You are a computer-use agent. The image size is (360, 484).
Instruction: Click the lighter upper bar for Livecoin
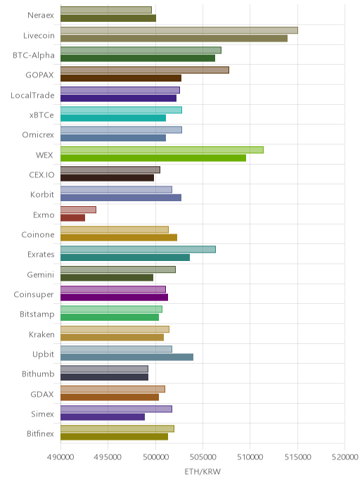coord(179,30)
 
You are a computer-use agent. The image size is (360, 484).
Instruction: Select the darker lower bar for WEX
coord(153,158)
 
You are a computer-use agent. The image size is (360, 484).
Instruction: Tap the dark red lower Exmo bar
coord(72,217)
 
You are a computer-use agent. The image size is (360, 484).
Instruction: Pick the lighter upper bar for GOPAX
coord(145,70)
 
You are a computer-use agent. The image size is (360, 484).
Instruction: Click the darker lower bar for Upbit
coord(127,357)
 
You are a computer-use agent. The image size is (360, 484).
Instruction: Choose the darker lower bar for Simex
coord(103,416)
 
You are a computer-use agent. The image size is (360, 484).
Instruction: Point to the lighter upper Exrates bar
coord(138,250)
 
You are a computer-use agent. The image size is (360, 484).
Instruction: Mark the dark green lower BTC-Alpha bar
coord(138,58)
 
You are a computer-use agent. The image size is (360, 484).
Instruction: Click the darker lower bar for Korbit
coord(121,198)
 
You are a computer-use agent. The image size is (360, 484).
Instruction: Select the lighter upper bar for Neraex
coord(105,10)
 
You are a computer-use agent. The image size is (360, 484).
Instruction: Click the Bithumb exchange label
coord(38,374)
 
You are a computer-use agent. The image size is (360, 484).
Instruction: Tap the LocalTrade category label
coord(32,95)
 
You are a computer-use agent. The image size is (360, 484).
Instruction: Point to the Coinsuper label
coord(34,295)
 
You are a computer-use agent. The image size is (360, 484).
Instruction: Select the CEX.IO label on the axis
coord(41,174)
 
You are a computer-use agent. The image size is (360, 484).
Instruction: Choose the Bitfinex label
coord(40,433)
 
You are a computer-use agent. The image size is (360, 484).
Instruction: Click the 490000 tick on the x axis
coord(60,457)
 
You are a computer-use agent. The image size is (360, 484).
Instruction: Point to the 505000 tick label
coord(202,457)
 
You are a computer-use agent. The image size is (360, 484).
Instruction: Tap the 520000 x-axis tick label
coord(345,457)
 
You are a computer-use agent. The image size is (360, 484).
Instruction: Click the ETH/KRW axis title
coord(202,471)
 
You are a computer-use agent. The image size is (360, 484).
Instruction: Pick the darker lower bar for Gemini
coord(107,277)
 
